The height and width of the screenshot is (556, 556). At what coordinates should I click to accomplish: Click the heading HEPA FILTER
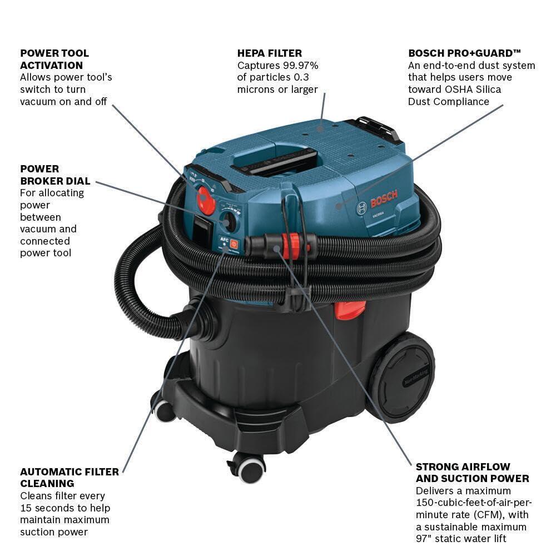tap(270, 53)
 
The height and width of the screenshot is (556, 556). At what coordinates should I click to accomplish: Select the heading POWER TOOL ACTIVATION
tap(54, 59)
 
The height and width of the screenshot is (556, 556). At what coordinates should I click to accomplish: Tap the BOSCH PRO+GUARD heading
tap(465, 53)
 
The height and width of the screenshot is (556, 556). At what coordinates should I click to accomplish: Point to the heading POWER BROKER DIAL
tap(55, 175)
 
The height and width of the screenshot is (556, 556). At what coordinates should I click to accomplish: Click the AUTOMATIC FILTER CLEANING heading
tap(69, 477)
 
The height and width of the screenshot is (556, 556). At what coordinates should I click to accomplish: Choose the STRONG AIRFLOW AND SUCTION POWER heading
tap(472, 472)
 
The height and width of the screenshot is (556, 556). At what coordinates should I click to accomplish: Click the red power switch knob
tap(207, 200)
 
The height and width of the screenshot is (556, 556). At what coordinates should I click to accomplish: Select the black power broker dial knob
tap(229, 221)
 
